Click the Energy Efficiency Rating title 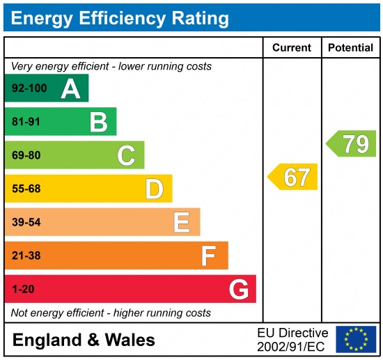point(120,18)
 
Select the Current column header point(292,48)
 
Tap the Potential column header point(350,48)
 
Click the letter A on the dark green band point(70,88)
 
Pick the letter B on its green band point(98,122)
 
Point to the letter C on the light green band point(126,155)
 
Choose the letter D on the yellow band point(154,189)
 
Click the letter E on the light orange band point(182,222)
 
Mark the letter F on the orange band point(209,256)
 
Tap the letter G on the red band point(239,289)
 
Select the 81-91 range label point(26,122)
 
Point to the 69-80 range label point(26,155)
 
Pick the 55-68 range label point(26,189)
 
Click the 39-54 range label point(26,222)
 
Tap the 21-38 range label point(26,256)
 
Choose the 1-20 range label point(23,289)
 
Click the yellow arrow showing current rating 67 point(293,177)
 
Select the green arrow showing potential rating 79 point(352,143)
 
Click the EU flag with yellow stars point(356,339)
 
